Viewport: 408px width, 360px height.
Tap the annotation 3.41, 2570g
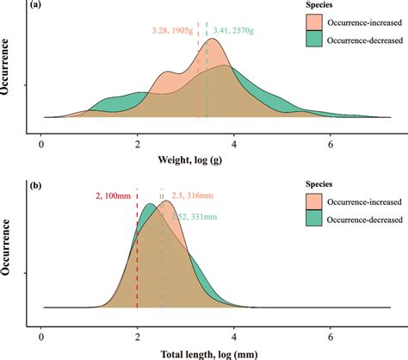coord(239,31)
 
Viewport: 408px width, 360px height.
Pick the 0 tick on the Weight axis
coord(41,143)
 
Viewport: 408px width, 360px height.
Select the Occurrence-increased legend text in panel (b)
coord(355,202)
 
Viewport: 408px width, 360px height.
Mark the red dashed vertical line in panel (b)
coord(138,258)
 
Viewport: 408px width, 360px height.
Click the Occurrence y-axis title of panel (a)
coord(9,86)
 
